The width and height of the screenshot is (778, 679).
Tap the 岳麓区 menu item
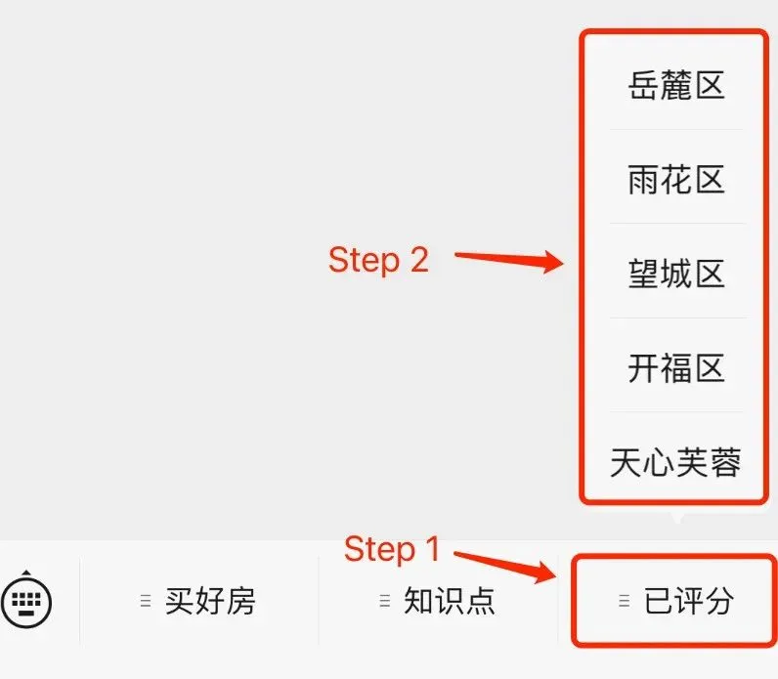tap(676, 86)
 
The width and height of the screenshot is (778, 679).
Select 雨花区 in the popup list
tap(676, 180)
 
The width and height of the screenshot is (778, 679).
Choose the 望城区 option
tap(676, 274)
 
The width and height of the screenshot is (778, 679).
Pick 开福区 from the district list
tap(676, 368)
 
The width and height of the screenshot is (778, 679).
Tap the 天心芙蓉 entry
tap(676, 461)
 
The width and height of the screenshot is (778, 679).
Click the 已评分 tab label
tap(688, 601)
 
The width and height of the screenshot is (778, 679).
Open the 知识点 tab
tap(449, 601)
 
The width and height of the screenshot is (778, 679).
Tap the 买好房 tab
tap(209, 601)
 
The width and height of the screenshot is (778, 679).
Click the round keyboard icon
tap(26, 601)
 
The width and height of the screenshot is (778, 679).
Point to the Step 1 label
tap(392, 549)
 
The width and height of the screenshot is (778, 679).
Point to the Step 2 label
tap(378, 260)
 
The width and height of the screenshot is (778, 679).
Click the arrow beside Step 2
tap(510, 260)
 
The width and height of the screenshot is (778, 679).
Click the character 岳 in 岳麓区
tap(644, 86)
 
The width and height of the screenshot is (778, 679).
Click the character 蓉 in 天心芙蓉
tap(725, 461)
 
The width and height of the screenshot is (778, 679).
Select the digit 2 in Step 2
tap(417, 260)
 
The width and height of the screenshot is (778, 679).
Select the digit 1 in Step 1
tap(432, 549)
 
